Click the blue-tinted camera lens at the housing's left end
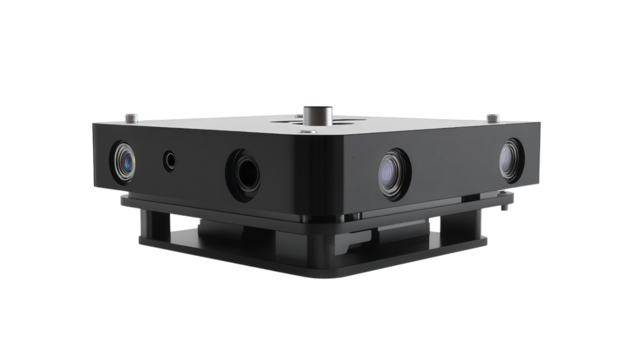point(123,160)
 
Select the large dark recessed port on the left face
point(243,172)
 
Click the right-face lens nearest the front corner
point(393,173)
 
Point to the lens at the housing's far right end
point(510,159)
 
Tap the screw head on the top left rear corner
point(130,117)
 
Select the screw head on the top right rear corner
point(492,117)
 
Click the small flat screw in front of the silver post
point(309,130)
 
